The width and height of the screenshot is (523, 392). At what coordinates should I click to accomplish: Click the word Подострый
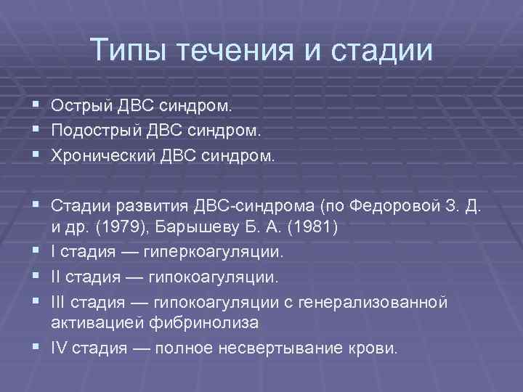tap(95, 131)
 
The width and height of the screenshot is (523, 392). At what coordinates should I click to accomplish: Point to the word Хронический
tap(100, 156)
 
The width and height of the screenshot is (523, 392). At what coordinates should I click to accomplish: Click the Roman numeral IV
tap(60, 348)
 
